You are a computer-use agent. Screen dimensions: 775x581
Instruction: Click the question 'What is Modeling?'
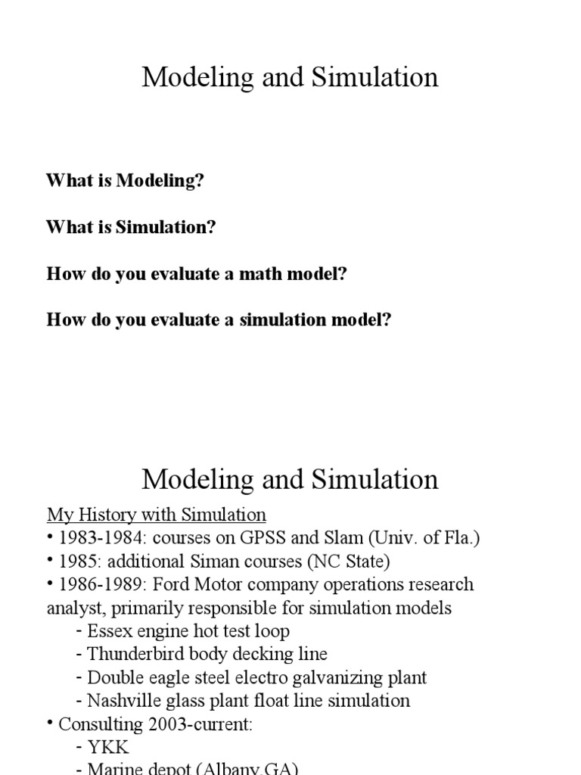tap(125, 182)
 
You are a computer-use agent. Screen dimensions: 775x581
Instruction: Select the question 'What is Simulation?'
tap(131, 228)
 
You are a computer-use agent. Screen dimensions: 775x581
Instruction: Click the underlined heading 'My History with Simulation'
tap(157, 515)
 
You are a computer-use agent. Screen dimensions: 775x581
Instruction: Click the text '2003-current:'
tap(198, 724)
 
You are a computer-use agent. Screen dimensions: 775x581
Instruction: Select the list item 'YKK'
tap(108, 748)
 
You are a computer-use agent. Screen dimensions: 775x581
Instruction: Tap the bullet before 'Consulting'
tap(51, 723)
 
